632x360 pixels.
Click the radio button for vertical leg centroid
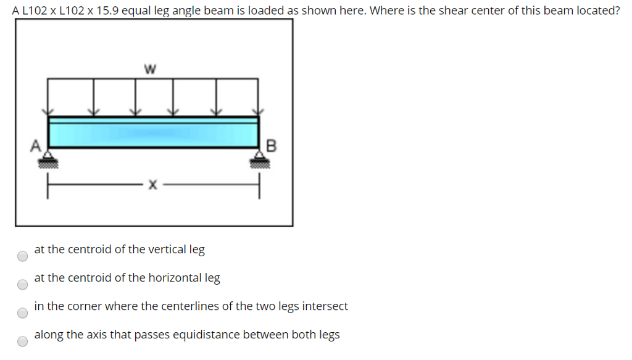(22, 256)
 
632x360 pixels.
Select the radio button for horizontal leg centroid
(22, 284)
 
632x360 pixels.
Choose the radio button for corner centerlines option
(22, 312)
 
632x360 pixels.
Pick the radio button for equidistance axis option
(22, 341)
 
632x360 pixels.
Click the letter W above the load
(148, 69)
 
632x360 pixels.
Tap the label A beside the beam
(36, 146)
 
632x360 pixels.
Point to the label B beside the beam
(271, 146)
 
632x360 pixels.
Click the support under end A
(48, 160)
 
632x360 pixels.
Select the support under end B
(259, 160)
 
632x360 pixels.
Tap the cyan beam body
(153, 132)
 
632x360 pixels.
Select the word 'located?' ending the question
(600, 11)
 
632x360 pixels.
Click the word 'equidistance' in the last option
(209, 335)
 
